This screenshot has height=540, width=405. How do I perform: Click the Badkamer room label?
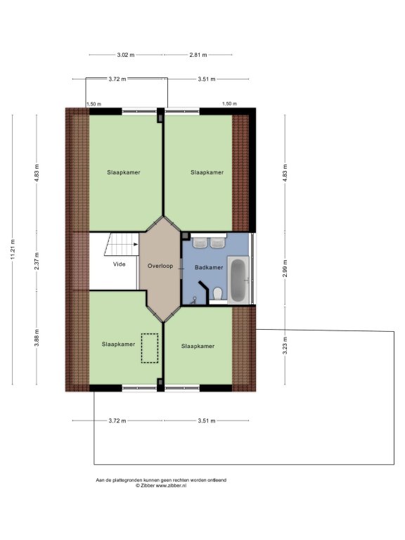(x=209, y=267)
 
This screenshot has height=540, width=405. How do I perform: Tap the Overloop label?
(x=160, y=266)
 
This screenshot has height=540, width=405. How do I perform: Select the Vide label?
(x=119, y=264)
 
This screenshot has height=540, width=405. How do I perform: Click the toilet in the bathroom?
(x=218, y=294)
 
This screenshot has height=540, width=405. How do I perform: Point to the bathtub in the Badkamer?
(x=238, y=280)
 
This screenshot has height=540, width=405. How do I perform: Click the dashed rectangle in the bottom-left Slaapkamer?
(x=150, y=348)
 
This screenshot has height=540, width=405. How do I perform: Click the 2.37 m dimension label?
(x=37, y=261)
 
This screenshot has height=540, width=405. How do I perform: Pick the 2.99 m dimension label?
(x=285, y=269)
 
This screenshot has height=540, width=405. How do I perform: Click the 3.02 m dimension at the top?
(x=126, y=54)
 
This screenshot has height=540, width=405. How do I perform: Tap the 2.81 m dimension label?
(x=198, y=54)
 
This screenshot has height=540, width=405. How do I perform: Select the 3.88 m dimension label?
(x=37, y=338)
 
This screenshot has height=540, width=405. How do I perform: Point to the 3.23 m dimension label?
(x=285, y=345)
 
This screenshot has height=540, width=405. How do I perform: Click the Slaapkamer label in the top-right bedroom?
(x=207, y=172)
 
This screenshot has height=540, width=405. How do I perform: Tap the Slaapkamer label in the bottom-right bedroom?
(x=198, y=346)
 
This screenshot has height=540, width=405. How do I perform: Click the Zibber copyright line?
(x=161, y=485)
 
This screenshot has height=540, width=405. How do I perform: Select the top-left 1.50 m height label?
(x=94, y=103)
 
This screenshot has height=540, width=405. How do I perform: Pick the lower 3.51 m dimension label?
(x=207, y=420)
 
